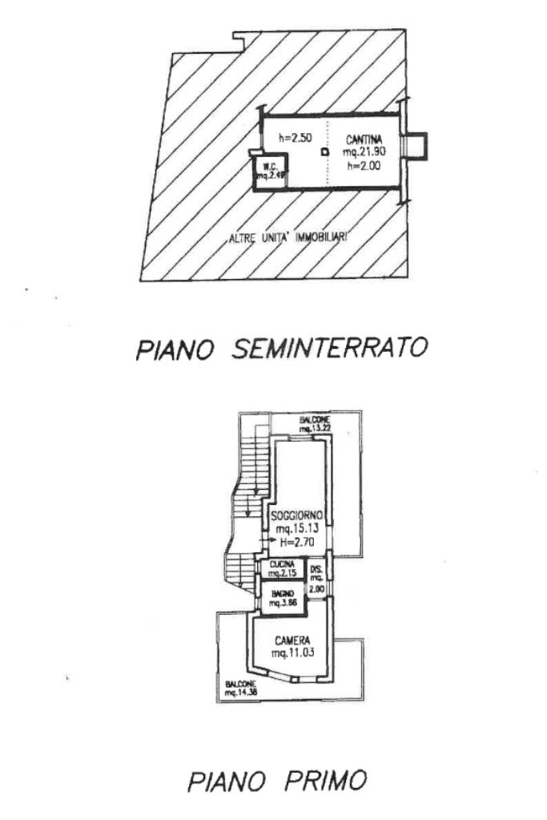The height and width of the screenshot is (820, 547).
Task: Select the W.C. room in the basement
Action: tap(265, 172)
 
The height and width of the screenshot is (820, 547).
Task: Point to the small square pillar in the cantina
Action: tap(324, 151)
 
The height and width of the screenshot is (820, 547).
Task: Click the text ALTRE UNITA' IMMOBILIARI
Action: tap(292, 237)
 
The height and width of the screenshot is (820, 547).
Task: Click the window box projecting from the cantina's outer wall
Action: tap(416, 146)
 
